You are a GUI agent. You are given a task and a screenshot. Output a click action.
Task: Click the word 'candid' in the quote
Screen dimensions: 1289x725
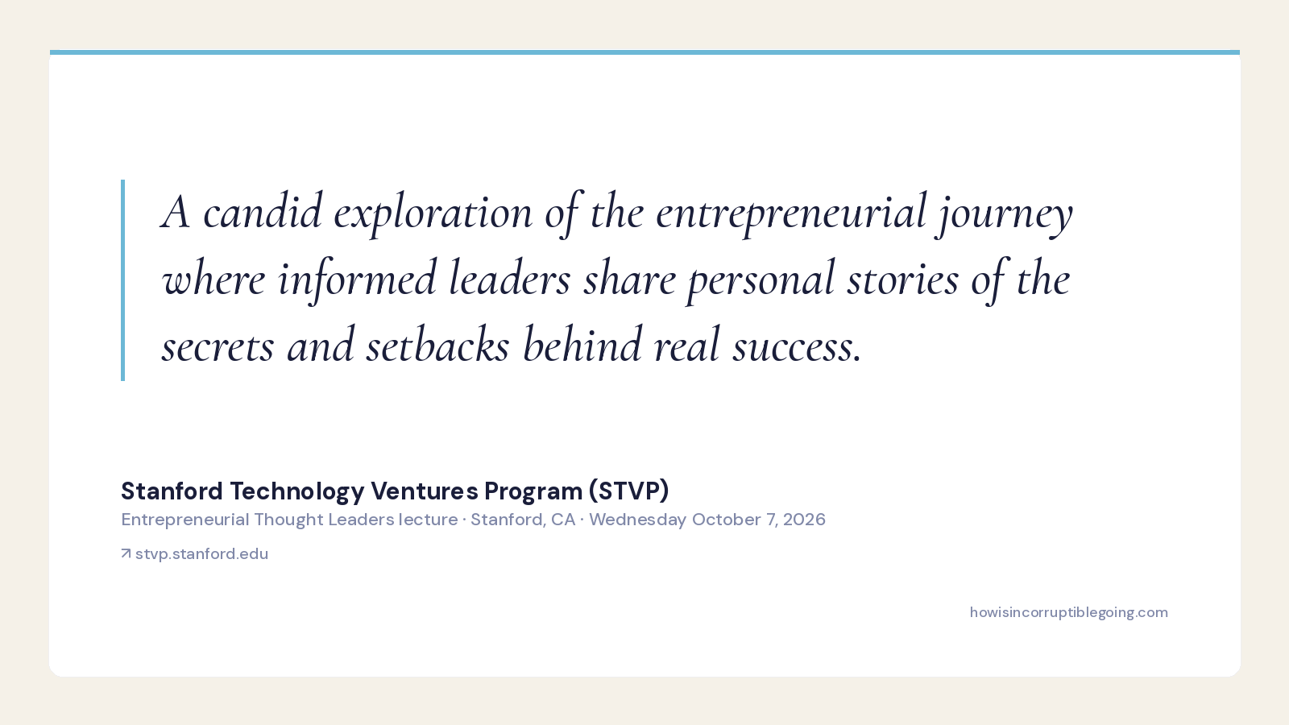[263, 212]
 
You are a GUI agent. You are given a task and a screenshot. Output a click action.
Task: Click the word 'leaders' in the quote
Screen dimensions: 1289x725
[509, 279]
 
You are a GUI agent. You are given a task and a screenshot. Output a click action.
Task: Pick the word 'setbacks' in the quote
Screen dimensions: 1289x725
[437, 346]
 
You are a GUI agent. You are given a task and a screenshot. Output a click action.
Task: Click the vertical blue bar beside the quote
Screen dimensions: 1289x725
[122, 280]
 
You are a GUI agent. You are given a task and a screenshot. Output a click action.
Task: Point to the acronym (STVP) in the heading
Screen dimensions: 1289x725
[629, 491]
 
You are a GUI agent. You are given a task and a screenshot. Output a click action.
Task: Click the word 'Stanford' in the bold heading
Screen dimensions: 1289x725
[172, 491]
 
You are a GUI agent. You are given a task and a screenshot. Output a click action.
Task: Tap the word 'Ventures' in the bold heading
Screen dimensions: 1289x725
[424, 491]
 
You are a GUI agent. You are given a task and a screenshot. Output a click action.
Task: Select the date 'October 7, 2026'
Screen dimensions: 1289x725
[758, 520]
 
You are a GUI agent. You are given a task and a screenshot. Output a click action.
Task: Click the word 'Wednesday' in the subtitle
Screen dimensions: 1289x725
[637, 520]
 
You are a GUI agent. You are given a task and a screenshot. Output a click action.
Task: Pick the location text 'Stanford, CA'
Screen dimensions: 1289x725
[523, 520]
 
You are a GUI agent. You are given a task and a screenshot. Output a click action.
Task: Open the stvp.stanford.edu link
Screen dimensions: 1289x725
[201, 554]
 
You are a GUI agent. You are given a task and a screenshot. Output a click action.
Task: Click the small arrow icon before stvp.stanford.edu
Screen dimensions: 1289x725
[126, 553]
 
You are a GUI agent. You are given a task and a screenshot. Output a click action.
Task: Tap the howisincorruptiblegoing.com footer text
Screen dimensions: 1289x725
[1068, 613]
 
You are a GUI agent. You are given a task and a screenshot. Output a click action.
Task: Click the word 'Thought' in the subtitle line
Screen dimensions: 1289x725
[289, 520]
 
